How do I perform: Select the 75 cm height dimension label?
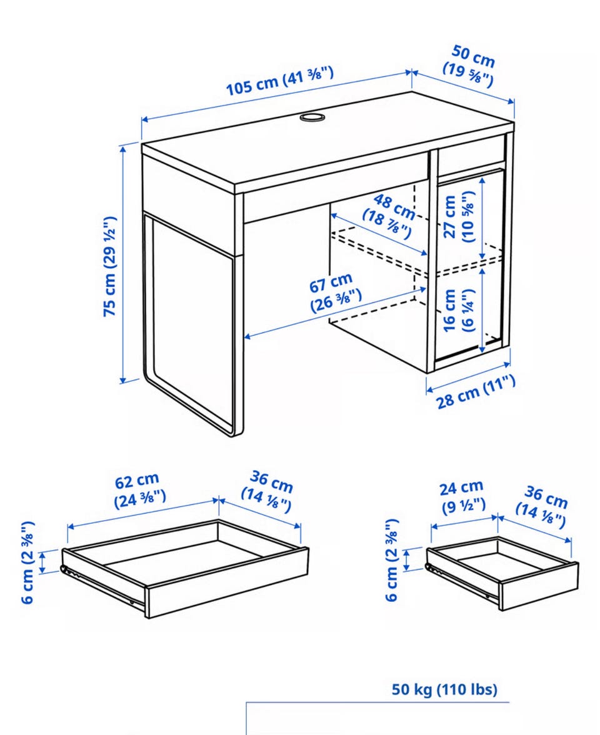pyautogui.click(x=109, y=266)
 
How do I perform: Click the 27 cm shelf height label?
pyautogui.click(x=459, y=216)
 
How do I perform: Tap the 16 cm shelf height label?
pyautogui.click(x=459, y=311)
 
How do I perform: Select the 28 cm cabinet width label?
pyautogui.click(x=476, y=392)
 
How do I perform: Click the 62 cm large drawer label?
pyautogui.click(x=139, y=490)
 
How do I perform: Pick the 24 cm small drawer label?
pyautogui.click(x=462, y=497)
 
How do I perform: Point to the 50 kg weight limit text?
pyautogui.click(x=444, y=689)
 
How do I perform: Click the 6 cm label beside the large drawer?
pyautogui.click(x=27, y=562)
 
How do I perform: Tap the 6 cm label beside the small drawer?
pyautogui.click(x=392, y=560)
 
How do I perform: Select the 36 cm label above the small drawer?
pyautogui.click(x=542, y=507)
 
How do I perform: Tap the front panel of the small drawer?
pyautogui.click(x=539, y=586)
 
